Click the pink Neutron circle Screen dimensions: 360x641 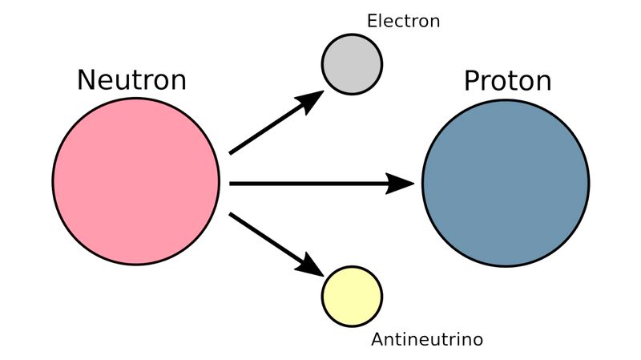[136, 181]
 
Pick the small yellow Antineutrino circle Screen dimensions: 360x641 [352, 296]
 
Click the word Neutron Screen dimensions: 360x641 [131, 80]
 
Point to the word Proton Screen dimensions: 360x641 [508, 81]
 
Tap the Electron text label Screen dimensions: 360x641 [403, 22]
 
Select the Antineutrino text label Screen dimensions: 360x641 [427, 340]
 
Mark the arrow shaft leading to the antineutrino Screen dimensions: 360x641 [264, 237]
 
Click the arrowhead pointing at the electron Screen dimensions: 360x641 [311, 100]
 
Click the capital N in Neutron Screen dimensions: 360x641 [87, 80]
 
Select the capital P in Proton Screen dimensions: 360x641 [472, 81]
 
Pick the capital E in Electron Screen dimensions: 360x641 [372, 22]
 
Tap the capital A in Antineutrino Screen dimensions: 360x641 [377, 340]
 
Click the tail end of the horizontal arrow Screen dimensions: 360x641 [233, 184]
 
